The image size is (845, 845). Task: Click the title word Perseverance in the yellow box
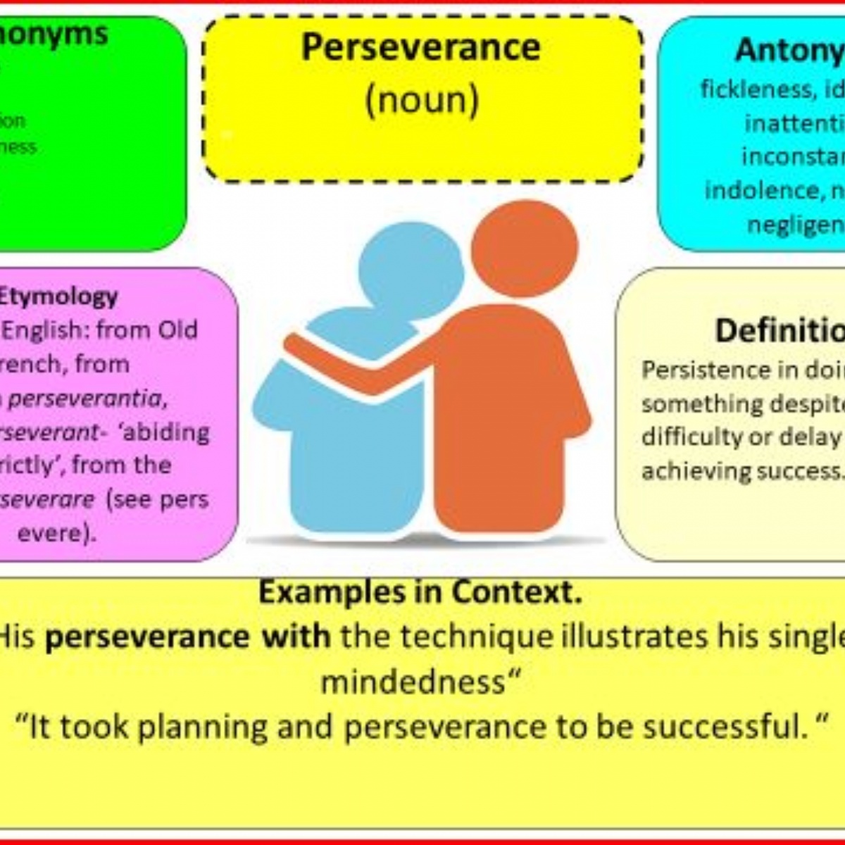[x=421, y=48]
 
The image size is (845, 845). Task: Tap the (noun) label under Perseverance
[x=422, y=100]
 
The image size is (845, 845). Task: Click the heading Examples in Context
[x=420, y=592]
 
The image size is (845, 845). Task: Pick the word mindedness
[x=413, y=682]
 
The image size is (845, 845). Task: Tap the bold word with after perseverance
[x=296, y=637]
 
